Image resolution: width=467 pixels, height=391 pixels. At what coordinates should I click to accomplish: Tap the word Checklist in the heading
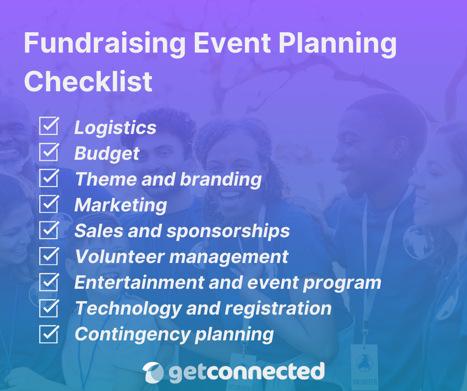88,81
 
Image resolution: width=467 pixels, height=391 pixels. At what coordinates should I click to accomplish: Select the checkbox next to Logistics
49,127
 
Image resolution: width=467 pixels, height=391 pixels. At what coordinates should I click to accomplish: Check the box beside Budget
49,152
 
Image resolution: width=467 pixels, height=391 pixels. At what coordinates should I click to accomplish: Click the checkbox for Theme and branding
49,178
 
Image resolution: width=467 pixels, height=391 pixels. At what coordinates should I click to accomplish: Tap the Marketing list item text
121,205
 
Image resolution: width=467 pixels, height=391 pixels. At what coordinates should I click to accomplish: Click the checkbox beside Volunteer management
49,256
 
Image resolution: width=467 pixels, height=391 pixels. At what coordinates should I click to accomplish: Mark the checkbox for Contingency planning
49,334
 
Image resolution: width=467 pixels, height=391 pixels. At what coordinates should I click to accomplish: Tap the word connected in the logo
265,372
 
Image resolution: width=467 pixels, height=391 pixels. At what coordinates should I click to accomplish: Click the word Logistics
115,128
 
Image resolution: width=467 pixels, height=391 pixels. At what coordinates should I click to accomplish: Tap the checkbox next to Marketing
49,204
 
